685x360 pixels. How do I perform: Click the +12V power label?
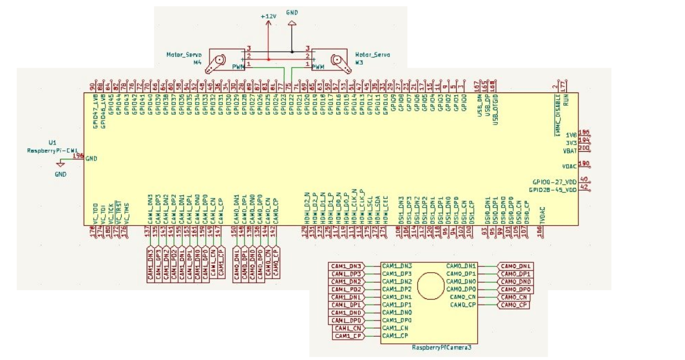click(268, 16)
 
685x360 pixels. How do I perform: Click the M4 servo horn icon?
click(220, 60)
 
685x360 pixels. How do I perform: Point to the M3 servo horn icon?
click(339, 60)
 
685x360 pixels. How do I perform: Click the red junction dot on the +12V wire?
click(268, 59)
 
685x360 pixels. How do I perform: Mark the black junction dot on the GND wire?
click(292, 52)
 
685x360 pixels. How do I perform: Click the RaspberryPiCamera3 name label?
click(441, 348)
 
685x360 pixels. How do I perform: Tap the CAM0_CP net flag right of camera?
click(514, 305)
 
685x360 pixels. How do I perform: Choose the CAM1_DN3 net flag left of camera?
click(347, 266)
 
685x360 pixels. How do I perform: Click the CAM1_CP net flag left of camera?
click(349, 336)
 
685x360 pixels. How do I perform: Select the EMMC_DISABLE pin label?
click(557, 115)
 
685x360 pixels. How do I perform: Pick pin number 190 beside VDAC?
click(584, 164)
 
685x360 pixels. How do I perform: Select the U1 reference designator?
click(52, 142)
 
